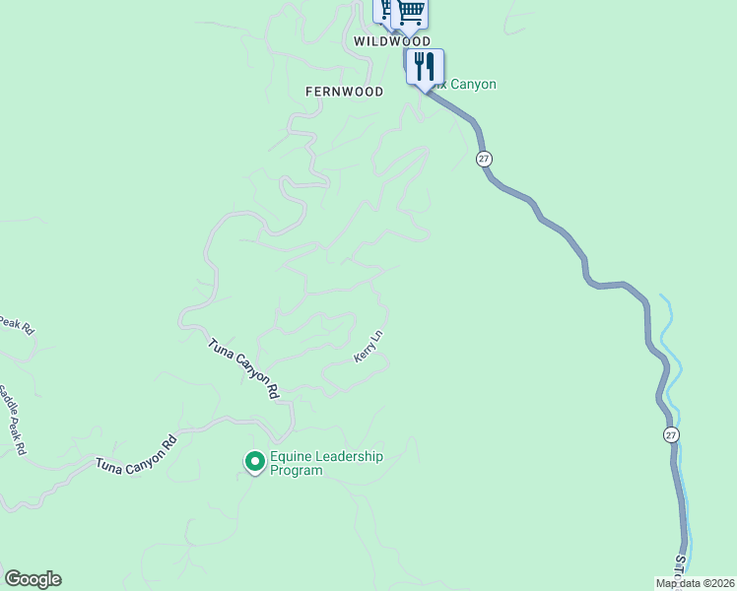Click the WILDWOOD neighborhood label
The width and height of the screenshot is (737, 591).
[392, 42]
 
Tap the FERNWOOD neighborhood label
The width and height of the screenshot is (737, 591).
[344, 92]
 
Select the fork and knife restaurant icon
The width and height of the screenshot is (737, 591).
[425, 67]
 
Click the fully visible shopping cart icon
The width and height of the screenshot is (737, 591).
[410, 13]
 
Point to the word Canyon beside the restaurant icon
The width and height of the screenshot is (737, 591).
[473, 85]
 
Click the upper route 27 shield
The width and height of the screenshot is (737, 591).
[483, 159]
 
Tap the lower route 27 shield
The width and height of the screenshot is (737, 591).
[671, 434]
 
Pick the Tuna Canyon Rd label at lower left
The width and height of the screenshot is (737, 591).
[136, 453]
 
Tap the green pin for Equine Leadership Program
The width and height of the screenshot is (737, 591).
[254, 460]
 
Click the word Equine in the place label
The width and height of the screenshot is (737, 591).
[292, 457]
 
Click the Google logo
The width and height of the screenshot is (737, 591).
[33, 579]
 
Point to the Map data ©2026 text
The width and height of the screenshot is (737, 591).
[695, 583]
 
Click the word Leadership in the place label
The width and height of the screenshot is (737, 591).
[349, 457]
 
